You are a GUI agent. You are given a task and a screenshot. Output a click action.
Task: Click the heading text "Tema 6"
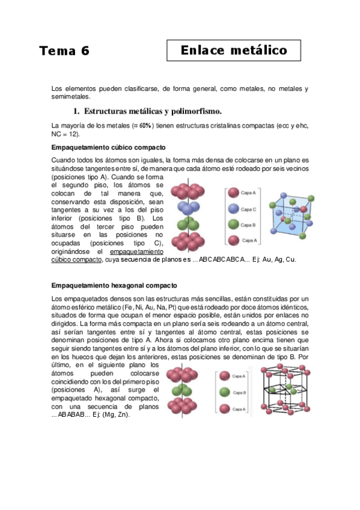64,51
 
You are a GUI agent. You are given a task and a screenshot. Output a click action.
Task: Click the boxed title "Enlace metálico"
234,51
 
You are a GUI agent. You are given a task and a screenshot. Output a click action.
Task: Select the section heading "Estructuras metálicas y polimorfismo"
153,111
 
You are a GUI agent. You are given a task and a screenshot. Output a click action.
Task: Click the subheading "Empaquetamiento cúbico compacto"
109,147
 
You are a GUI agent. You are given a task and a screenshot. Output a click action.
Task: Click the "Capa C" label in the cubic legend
248,209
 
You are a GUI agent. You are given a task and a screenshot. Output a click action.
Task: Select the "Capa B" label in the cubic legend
248,225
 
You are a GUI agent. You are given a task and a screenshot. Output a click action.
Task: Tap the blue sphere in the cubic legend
233,209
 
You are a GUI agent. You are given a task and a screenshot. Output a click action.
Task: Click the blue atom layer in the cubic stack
189,209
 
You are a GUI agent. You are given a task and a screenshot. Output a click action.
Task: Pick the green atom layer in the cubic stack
189,225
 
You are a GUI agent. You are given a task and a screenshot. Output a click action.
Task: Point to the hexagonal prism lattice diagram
285,390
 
